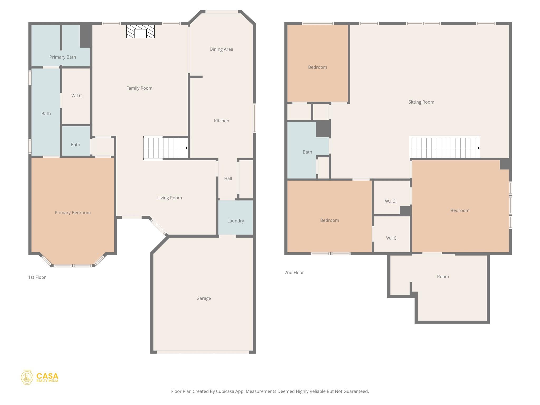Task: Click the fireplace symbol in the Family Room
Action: pos(140,32)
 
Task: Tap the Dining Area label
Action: pos(221,49)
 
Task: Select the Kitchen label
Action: pos(221,121)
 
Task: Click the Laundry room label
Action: pos(235,221)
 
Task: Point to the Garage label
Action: pos(204,298)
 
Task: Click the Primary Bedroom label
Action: pos(73,213)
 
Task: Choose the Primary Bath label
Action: pos(62,57)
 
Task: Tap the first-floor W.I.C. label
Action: pos(77,96)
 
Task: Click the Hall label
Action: pos(228,179)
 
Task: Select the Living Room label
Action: pos(170,198)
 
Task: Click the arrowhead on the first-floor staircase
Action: pos(187,148)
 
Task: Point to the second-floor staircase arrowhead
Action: pos(479,148)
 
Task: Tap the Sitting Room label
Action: pos(421,102)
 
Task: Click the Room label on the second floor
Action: pos(443,277)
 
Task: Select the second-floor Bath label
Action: pos(307,152)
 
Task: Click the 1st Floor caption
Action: pos(37,277)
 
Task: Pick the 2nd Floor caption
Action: pos(294,273)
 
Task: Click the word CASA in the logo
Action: pos(47,376)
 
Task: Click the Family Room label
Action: pos(139,88)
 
